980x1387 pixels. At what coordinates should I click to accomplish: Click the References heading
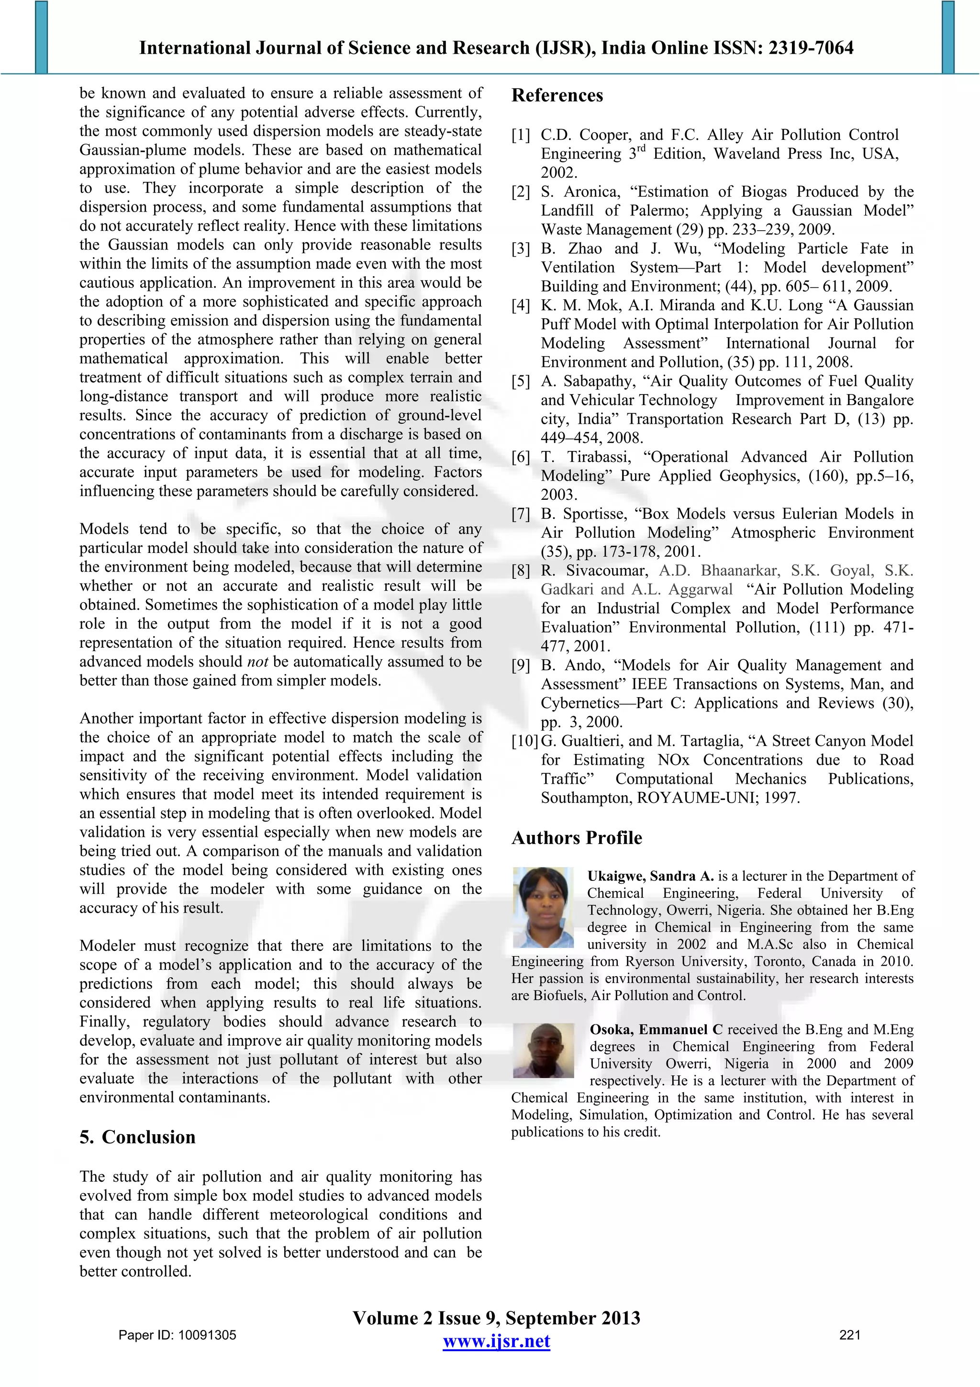pos(557,95)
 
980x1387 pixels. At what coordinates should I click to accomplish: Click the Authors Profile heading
pos(576,838)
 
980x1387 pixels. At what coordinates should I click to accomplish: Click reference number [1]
pos(521,135)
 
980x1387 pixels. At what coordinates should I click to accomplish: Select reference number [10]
pos(524,741)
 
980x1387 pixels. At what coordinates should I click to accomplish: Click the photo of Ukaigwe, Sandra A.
pos(542,907)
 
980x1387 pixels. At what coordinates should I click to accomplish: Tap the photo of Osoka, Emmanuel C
pos(543,1050)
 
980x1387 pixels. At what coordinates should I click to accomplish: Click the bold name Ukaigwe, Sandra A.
pos(650,876)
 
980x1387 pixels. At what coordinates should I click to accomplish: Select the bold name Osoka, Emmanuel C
pos(656,1029)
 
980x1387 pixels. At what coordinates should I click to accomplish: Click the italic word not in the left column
pos(258,662)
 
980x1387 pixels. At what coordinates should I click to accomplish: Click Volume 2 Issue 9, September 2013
pos(496,1318)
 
